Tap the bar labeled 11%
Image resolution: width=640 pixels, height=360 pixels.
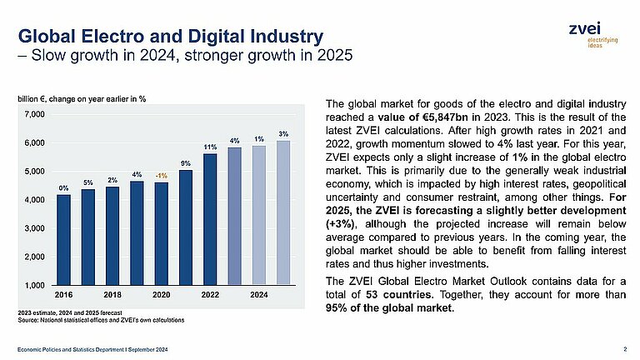coord(210,219)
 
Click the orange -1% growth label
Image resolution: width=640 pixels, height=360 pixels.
coord(161,175)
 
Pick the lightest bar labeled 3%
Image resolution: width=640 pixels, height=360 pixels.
coord(283,212)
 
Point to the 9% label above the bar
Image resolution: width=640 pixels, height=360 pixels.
coord(186,163)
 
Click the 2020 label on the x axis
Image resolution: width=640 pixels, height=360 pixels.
coord(161,295)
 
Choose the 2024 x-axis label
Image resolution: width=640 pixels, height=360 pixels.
coord(259,295)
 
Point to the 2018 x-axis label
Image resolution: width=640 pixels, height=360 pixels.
coord(112,295)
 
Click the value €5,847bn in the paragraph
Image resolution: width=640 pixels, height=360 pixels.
coord(432,117)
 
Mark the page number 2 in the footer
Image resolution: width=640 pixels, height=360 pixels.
coord(625,348)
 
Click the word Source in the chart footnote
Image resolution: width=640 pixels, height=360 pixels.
coord(27,320)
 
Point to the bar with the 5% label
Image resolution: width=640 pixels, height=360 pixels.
coord(87,237)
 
